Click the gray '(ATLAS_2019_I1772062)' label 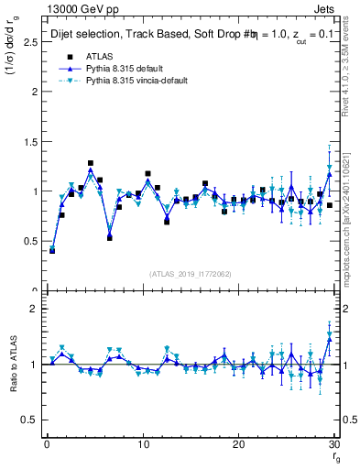pyautogui.click(x=190, y=274)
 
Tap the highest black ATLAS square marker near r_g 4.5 pyautogui.click(x=91, y=163)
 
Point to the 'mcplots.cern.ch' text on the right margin pyautogui.click(x=351, y=229)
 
